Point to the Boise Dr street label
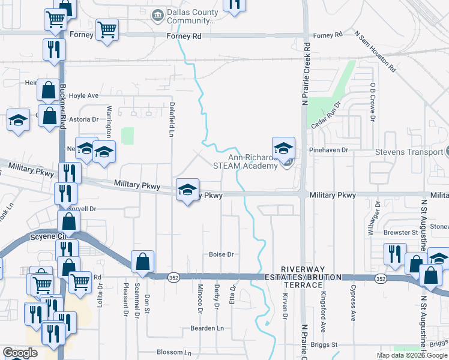click(x=221, y=254)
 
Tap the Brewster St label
click(x=401, y=232)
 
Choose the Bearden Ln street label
click(x=207, y=328)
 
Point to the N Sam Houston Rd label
click(x=376, y=52)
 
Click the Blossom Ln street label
click(x=173, y=352)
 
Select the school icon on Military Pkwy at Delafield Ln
click(x=187, y=190)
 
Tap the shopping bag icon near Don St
click(x=142, y=262)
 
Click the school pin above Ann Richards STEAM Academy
click(x=283, y=148)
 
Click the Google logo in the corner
click(x=20, y=353)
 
